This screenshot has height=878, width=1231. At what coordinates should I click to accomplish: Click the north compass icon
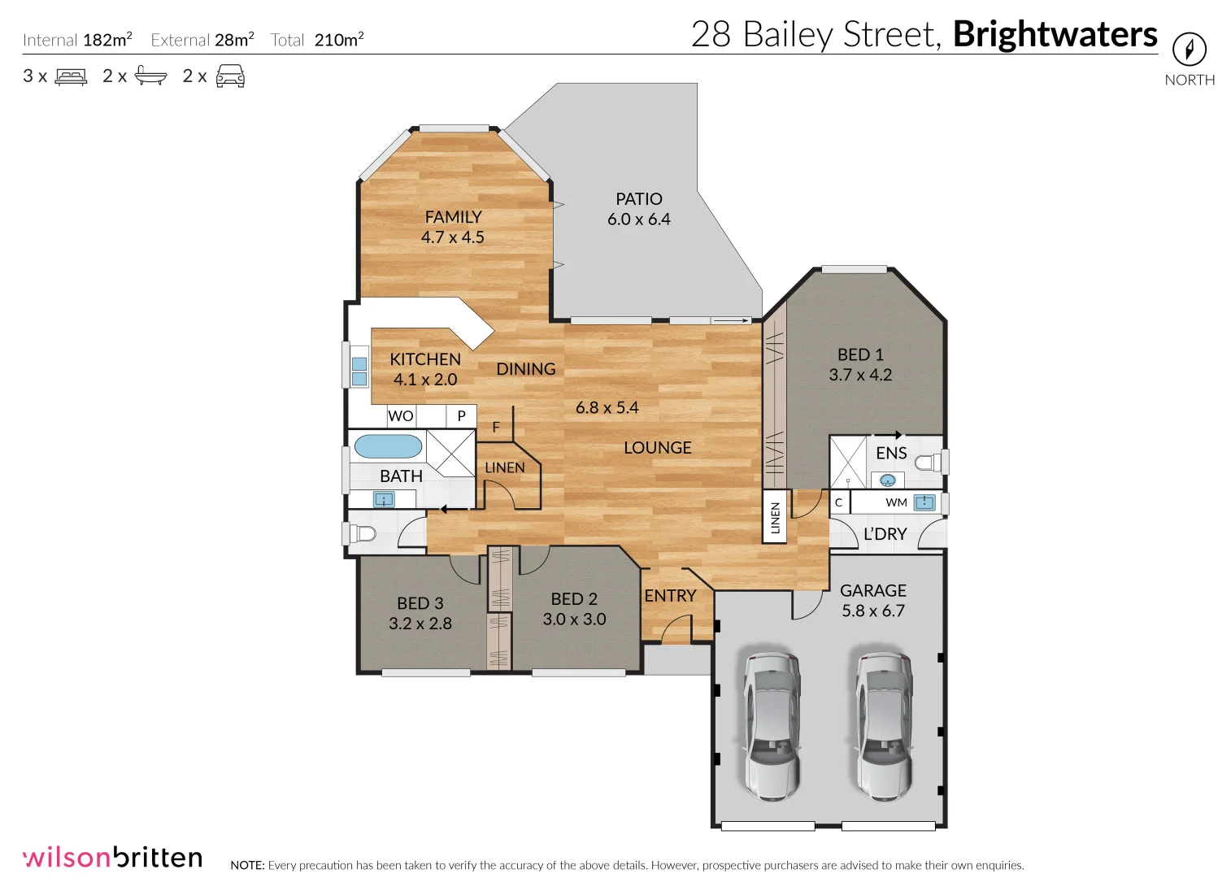point(1189,49)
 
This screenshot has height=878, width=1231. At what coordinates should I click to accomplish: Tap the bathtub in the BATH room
point(388,446)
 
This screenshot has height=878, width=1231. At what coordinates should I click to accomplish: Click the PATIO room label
point(638,199)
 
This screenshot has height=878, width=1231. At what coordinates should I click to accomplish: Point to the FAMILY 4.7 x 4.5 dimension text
point(452,237)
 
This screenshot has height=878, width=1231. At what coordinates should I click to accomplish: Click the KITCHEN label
point(424,359)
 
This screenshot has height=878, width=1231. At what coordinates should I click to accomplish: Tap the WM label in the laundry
point(896,502)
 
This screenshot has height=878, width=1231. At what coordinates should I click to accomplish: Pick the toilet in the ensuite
point(928,463)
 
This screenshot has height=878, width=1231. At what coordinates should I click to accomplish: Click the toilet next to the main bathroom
point(363,533)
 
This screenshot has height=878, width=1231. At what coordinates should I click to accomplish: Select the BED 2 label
point(573,599)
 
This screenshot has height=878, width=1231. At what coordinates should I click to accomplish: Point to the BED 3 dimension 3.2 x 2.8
point(420,624)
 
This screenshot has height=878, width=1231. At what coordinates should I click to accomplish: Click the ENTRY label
point(670,596)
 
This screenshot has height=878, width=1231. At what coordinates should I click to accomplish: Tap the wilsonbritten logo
point(112,858)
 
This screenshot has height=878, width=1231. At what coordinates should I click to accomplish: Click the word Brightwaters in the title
point(1055,35)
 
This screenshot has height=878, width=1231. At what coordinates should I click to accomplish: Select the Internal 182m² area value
point(107,40)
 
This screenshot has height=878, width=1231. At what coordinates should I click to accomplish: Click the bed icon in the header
point(71,76)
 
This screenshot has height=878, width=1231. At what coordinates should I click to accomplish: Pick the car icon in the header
point(230,76)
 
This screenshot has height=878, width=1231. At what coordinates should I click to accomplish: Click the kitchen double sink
point(359,366)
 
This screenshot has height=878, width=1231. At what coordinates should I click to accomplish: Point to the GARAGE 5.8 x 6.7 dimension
point(872,611)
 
